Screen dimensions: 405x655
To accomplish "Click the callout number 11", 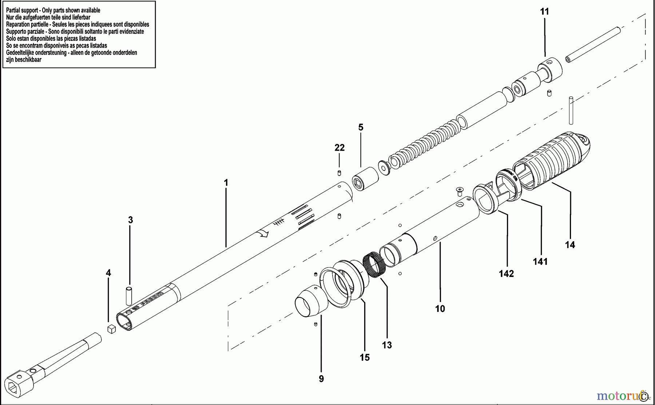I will coord(544,12).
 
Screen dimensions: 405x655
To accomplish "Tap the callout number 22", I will coord(340,148).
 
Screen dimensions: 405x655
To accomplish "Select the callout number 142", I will coord(506,274).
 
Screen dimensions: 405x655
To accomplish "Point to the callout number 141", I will coord(540,262).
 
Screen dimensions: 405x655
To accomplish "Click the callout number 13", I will coord(387,345).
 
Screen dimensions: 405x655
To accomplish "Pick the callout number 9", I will coord(321,379).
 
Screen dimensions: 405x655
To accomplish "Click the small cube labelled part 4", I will coord(112,329).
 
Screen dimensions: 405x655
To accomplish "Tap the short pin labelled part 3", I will coord(129,296).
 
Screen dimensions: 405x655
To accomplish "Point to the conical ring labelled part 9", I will coord(310,301).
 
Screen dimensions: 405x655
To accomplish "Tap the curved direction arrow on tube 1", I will coord(263,233).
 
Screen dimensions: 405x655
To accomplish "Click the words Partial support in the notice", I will coord(22,11).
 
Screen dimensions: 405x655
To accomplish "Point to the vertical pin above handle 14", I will coord(571,110).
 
